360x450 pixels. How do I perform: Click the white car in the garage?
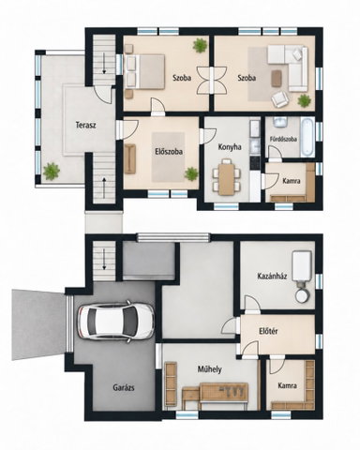coord(116,322)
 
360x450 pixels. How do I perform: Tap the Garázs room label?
coord(124,388)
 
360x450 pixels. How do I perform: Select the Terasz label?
coord(85,126)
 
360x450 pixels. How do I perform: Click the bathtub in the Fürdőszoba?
coord(307,137)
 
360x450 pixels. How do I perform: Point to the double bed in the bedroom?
coord(144,71)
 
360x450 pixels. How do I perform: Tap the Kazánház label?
coord(272,277)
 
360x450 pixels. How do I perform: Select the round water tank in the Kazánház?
coord(303,295)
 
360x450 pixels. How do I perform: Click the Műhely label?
coord(209,369)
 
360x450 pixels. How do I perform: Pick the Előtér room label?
coord(268,331)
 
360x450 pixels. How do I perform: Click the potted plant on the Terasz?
coord(52,172)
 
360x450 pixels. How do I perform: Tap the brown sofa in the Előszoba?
coord(130,158)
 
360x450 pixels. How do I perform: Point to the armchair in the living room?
coord(279,99)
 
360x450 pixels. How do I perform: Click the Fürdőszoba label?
coord(283,139)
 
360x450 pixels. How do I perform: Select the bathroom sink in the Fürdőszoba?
coord(280,122)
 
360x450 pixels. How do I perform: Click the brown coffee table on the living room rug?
coord(277,78)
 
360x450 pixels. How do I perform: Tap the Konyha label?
coord(230,147)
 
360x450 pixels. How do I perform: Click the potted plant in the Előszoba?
coord(191,173)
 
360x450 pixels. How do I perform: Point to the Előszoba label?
coord(169,152)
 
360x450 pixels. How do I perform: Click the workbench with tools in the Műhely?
coord(224,392)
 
